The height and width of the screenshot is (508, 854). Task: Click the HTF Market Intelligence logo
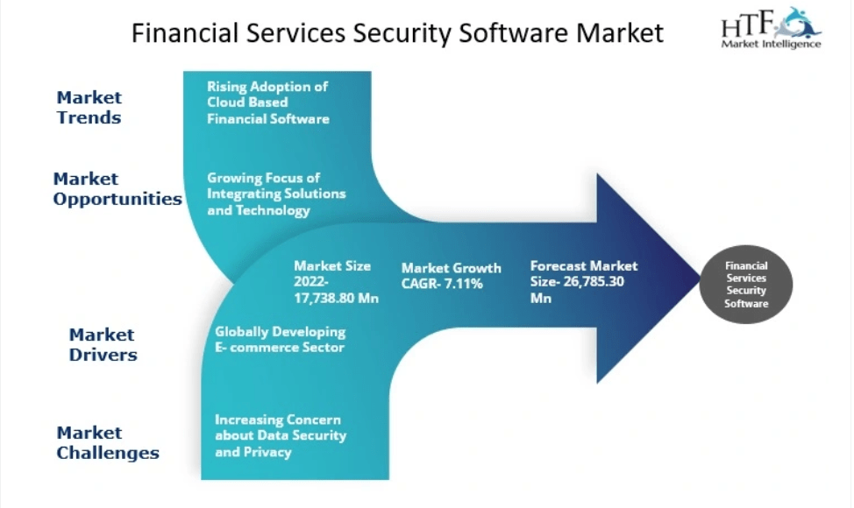point(771,28)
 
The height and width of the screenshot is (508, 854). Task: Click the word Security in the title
point(402,33)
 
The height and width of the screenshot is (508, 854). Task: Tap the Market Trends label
point(89,107)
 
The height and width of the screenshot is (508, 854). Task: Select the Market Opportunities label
point(117,188)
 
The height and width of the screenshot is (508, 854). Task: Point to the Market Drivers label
point(103,344)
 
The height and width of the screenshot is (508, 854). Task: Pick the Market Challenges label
point(108,442)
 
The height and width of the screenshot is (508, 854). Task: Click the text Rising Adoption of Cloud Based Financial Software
point(268,102)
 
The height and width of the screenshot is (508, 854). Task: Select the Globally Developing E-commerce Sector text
point(280,339)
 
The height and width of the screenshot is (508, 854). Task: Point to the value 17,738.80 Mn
point(336,298)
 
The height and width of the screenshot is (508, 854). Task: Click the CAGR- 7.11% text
point(442,284)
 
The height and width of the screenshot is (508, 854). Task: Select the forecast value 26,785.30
point(594,282)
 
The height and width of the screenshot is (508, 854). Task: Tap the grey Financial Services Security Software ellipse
point(745,285)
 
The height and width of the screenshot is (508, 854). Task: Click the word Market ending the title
point(620,33)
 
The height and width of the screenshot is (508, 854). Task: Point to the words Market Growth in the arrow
point(451,268)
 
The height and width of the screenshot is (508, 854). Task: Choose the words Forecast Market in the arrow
point(584,266)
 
